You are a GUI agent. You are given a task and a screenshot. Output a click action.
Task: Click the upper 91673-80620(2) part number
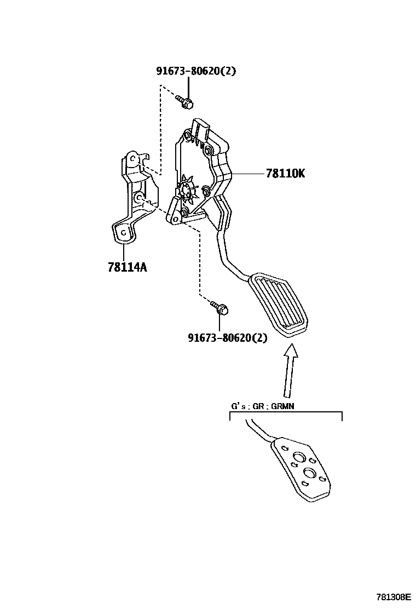pyautogui.click(x=196, y=71)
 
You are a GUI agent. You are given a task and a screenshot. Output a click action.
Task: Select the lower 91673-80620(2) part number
pyautogui.click(x=227, y=338)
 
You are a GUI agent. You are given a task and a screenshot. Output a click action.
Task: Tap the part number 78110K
pyautogui.click(x=285, y=174)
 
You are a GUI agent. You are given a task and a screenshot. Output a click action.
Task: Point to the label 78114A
pyautogui.click(x=127, y=267)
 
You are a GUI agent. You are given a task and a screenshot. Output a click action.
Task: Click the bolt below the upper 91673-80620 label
pyautogui.click(x=184, y=100)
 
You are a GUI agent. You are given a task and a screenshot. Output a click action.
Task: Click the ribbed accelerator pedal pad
pyautogui.click(x=280, y=306)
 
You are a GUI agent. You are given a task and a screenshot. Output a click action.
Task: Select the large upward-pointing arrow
pyautogui.click(x=290, y=369)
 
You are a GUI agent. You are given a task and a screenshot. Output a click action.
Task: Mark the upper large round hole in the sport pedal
pyautogui.click(x=298, y=458)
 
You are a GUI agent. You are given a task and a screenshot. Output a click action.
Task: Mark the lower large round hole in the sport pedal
pyautogui.click(x=310, y=475)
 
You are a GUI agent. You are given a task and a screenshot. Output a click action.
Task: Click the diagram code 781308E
pyautogui.click(x=392, y=596)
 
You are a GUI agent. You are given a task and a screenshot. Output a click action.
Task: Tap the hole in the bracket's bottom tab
pyautogui.click(x=124, y=232)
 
